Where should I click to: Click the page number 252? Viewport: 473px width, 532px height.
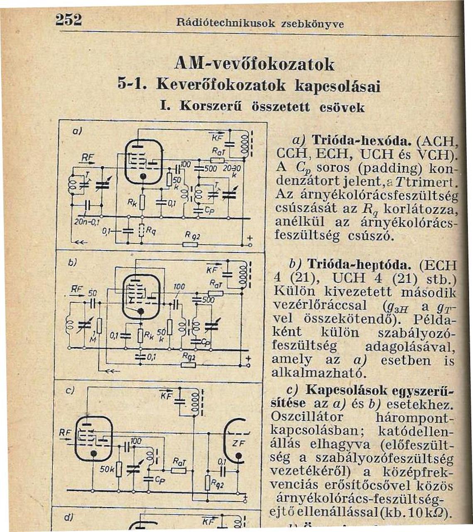coord(69,19)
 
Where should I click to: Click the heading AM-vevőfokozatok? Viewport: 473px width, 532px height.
coord(254,64)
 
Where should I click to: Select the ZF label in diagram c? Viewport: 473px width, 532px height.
coord(238,443)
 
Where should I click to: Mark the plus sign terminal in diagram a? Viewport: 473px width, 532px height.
coord(250,238)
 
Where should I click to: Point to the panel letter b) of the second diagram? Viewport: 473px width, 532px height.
coord(71,263)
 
